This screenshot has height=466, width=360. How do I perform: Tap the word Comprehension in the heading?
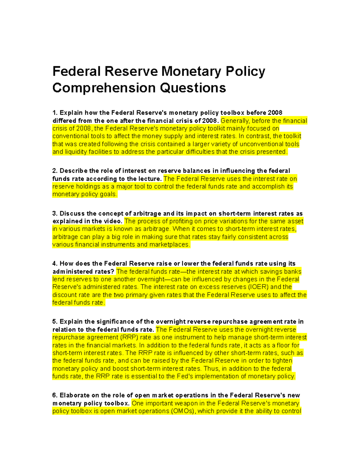coord(104,88)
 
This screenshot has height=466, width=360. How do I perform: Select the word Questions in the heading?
coord(193,88)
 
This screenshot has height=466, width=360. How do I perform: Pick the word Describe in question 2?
coord(73,171)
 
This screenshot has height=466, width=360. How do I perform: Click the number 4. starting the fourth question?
coord(55,263)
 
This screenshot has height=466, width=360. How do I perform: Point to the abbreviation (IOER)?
coord(258,287)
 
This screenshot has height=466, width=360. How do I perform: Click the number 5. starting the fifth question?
coord(55,322)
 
